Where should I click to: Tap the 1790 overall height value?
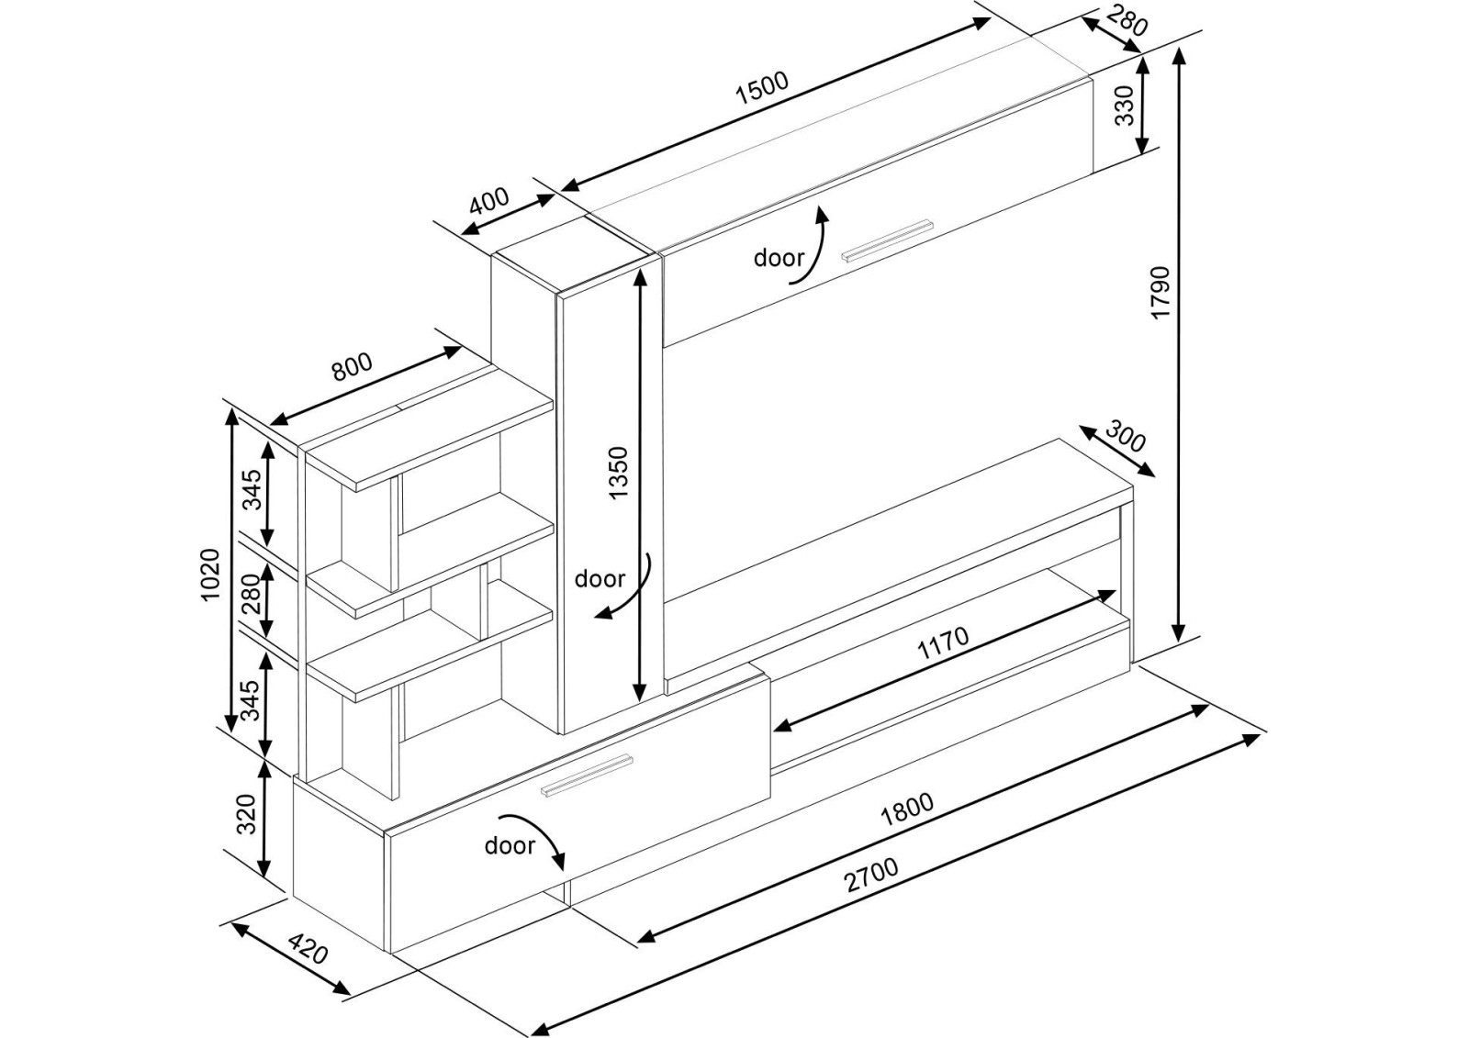pos(1161,292)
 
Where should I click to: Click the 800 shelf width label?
pos(352,367)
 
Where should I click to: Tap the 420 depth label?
pos(308,948)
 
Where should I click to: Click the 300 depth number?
pos(1125,437)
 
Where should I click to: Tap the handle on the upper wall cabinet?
pos(888,240)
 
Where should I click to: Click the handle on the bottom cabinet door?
pos(587,776)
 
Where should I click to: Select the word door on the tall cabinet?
pos(600,579)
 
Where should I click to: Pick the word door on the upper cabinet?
pos(779,258)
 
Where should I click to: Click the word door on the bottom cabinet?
pos(510,845)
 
